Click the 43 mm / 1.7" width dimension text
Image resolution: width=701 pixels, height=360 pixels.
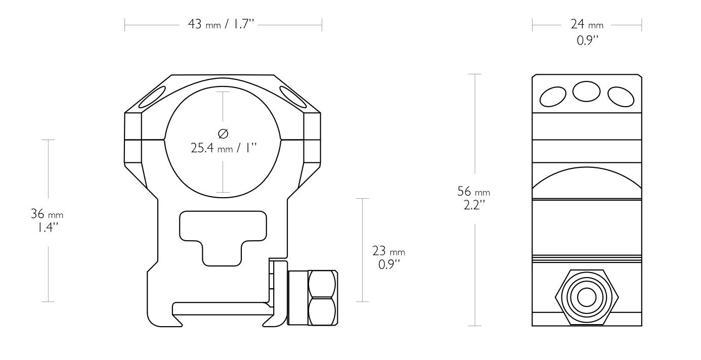[x=223, y=25]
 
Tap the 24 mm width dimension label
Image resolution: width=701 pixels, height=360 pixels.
[x=587, y=25]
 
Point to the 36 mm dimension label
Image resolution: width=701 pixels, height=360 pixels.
[x=48, y=214]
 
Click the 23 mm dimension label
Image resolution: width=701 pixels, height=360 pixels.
[x=388, y=251]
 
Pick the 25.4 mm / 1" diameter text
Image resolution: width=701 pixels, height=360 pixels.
[x=224, y=150]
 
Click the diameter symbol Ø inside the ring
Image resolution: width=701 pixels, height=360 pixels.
[x=223, y=134]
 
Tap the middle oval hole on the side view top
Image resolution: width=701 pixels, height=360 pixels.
[x=587, y=92]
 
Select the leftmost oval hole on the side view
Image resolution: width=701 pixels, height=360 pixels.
[x=553, y=97]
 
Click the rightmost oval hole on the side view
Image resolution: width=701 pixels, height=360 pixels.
[x=621, y=97]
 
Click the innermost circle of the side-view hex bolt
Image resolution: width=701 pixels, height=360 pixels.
[x=587, y=298]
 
